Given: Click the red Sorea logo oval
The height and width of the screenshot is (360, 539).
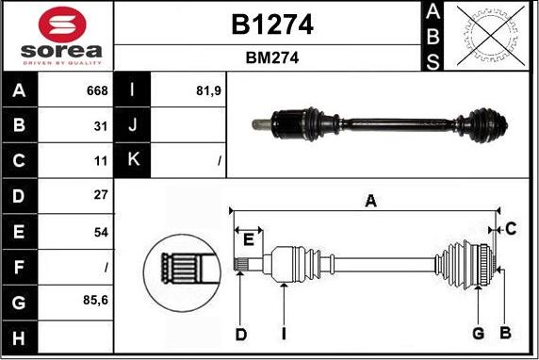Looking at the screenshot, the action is (x=62, y=25).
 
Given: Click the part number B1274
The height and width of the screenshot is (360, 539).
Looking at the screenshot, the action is (x=272, y=25).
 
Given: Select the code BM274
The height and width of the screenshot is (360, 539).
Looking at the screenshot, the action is (x=272, y=57).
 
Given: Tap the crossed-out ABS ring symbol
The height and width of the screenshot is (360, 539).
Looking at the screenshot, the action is (x=491, y=35).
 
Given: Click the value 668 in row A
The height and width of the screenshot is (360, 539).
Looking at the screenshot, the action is (x=97, y=90).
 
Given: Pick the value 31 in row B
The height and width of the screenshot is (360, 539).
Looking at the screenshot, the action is (x=101, y=126).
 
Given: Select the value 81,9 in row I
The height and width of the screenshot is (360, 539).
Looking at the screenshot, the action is (x=208, y=90).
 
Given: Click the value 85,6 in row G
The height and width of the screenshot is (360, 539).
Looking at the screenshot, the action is (x=95, y=301).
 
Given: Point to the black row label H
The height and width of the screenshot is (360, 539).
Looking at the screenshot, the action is (x=19, y=338).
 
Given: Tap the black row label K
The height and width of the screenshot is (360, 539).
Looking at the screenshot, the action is (x=132, y=159).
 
